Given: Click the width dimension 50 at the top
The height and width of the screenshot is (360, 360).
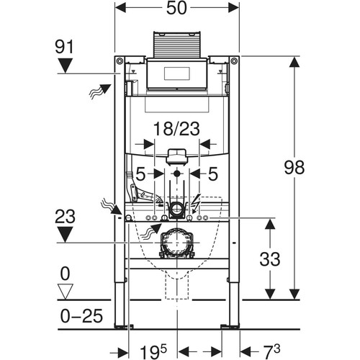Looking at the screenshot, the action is click(x=176, y=8).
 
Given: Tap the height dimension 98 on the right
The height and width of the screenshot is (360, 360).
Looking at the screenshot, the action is click(x=294, y=167).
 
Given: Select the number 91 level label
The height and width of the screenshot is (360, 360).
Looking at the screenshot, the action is click(x=64, y=47).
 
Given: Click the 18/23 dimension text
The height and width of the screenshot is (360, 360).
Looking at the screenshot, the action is click(x=176, y=129).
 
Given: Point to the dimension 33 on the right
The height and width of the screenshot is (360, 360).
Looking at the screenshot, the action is click(x=270, y=259).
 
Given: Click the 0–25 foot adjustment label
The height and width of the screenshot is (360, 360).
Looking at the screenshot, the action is click(x=81, y=316).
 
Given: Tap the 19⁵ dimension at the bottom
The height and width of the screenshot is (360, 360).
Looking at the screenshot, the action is click(x=153, y=351).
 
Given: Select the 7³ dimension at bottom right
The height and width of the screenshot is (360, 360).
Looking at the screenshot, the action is click(x=269, y=351).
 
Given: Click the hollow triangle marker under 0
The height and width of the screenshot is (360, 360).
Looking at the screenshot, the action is click(x=66, y=292).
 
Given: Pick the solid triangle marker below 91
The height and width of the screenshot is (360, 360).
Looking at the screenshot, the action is click(x=65, y=66).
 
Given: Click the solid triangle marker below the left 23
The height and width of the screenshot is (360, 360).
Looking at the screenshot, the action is click(x=65, y=235).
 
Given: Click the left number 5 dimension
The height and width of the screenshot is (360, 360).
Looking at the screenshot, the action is click(x=140, y=174).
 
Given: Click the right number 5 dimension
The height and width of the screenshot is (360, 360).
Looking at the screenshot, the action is click(x=213, y=174).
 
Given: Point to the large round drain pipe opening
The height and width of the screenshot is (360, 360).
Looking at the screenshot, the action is click(x=177, y=243).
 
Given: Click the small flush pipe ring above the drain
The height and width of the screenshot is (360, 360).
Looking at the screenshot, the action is click(x=177, y=208).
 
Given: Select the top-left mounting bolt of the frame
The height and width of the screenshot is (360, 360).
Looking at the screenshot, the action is click(x=120, y=61).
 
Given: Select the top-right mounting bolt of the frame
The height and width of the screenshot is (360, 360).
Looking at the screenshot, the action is click(x=234, y=61).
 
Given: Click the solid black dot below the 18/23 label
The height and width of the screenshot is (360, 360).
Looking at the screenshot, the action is click(x=177, y=174).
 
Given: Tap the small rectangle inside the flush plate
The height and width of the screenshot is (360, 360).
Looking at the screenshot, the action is click(x=177, y=73).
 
